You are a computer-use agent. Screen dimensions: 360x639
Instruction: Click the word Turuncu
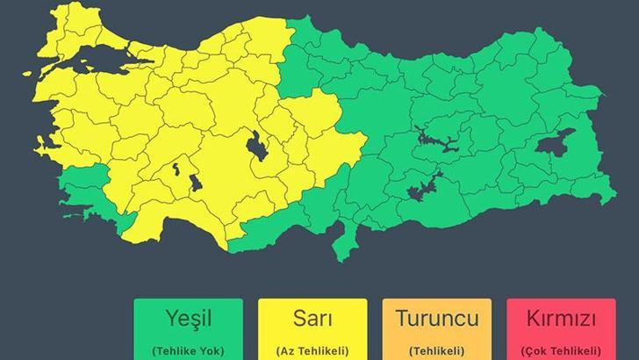436,317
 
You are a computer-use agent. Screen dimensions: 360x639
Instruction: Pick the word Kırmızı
560,317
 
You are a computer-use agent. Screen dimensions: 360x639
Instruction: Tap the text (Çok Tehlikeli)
560,349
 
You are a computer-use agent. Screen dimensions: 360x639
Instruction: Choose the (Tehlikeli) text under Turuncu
436,349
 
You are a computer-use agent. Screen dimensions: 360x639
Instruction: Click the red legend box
560,330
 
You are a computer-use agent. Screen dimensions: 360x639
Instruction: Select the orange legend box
436,330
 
